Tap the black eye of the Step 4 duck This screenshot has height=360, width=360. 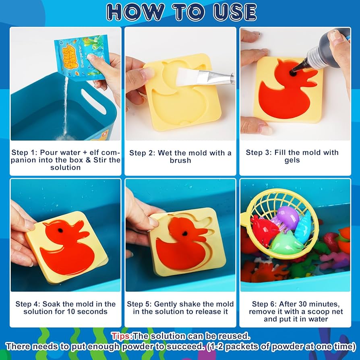click(x=60, y=231)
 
